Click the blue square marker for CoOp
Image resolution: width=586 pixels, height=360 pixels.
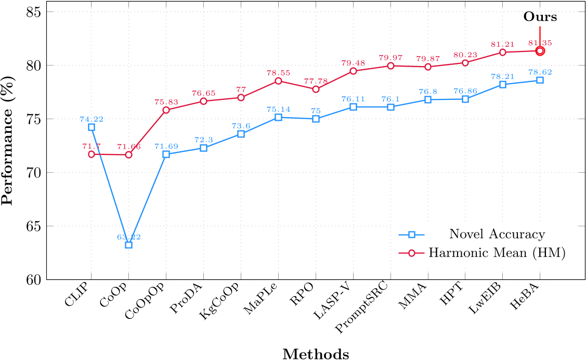tap(128, 245)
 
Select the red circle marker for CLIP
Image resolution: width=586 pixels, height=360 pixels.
tap(92, 154)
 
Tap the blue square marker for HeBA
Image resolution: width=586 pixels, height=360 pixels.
tap(540, 80)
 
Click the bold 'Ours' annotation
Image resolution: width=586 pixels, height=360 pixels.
tap(540, 17)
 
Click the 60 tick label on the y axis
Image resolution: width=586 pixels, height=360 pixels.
tap(35, 280)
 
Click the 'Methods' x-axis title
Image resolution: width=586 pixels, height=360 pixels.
tap(316, 354)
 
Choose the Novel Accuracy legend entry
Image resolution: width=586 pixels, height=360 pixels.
tap(497, 235)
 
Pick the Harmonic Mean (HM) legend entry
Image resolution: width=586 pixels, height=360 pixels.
tap(497, 253)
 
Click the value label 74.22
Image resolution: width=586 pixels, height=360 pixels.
tap(92, 119)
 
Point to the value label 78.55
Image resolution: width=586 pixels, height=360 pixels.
tap(278, 73)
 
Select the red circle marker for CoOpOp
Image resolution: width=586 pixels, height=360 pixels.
tap(166, 110)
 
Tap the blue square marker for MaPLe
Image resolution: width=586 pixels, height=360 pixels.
tap(278, 118)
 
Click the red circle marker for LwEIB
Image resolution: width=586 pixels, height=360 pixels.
tap(502, 52)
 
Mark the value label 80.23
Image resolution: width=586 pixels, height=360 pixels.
tap(465, 55)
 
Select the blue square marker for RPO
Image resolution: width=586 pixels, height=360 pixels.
tap(316, 119)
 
